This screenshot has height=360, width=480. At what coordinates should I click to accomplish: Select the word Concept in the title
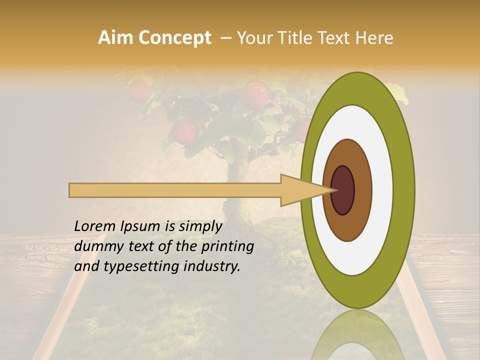pyautogui.click(x=175, y=38)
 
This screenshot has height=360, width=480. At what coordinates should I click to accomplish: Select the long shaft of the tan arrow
pyautogui.click(x=175, y=190)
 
